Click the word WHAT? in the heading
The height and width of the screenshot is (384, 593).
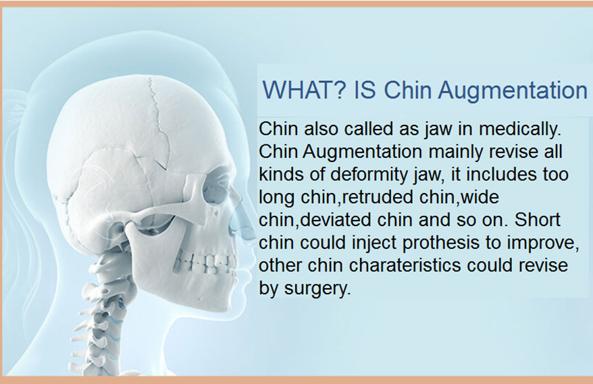click(x=304, y=90)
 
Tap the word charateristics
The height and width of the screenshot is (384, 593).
click(x=405, y=265)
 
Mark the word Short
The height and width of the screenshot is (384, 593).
click(x=538, y=219)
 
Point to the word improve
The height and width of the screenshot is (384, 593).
click(x=543, y=243)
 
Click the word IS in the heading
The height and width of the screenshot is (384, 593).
click(x=365, y=90)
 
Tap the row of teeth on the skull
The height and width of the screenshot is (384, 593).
click(x=205, y=261)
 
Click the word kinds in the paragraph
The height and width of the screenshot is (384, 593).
click(x=279, y=174)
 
